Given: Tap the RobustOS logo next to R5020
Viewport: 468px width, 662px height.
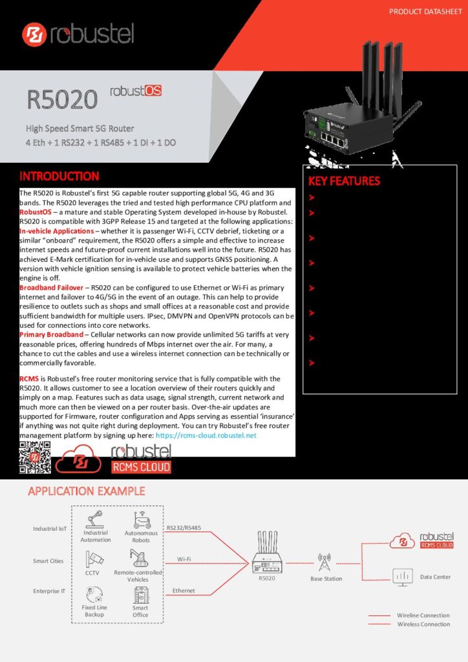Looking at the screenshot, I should pos(136,91).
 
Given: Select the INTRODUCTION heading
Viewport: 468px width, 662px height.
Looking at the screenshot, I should pos(59,176).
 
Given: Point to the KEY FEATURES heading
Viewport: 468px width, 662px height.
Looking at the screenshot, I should pos(344,181).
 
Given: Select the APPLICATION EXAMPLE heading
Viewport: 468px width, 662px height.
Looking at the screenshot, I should pos(86,491).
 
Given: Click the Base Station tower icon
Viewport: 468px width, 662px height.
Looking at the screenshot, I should pos(325,561).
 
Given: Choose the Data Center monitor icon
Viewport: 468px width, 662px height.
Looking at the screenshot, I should pos(402,576).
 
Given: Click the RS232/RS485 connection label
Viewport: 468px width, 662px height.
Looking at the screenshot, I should pos(184,528).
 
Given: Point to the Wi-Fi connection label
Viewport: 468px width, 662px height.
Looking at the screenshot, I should pos(184,559).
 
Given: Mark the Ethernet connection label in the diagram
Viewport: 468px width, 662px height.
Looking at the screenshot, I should pos(184,590).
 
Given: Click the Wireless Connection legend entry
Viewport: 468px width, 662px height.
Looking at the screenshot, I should pos(423,624).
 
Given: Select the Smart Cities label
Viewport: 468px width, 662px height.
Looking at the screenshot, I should pos(48,561).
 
